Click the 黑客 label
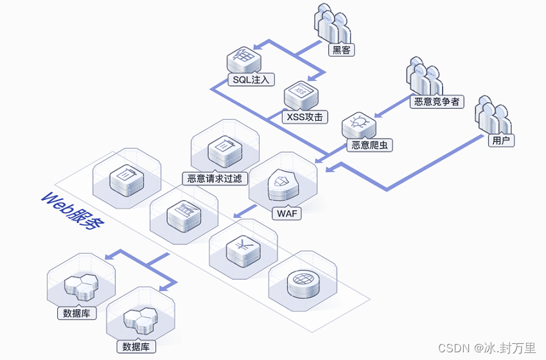click(341, 50)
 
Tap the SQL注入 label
click(251, 80)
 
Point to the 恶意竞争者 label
click(437, 101)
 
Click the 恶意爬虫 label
click(369, 145)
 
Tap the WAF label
click(287, 213)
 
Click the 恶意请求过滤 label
click(215, 179)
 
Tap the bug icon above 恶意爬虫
click(358, 123)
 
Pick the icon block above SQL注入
click(244, 60)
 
